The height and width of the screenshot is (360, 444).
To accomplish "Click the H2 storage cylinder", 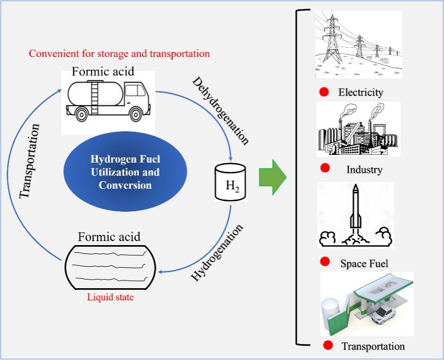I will point(230,182).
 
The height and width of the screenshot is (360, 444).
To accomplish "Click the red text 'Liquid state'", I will point(110,297).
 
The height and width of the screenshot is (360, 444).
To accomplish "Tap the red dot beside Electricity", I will point(324,92).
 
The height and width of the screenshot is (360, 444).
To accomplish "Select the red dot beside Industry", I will point(325,169).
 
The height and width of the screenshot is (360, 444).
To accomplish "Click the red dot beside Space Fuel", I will point(325,262).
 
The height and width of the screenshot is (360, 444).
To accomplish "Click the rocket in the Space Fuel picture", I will point(355,210).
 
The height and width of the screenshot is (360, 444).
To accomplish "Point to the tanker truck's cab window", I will point(136,91).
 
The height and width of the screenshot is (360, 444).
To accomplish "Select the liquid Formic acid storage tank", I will point(109,267).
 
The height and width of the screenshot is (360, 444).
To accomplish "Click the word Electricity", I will point(360,93).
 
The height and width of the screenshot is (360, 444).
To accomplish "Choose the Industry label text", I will point(364,169).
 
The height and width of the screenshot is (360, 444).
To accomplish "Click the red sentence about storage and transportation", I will point(119,53).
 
